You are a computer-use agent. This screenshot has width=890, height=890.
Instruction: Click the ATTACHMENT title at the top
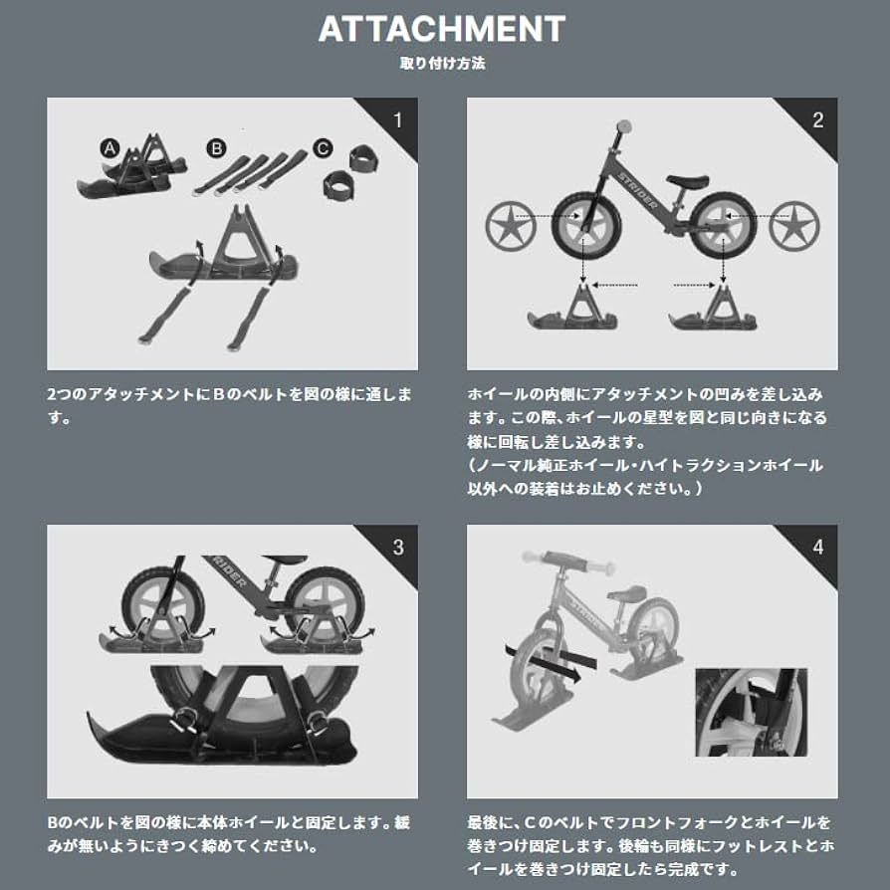442,29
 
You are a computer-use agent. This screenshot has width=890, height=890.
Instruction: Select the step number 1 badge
398,120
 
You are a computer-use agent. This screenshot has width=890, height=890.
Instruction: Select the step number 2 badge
817,120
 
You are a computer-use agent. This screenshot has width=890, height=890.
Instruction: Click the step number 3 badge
398,547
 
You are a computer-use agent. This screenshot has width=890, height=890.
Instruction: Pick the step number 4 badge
817,547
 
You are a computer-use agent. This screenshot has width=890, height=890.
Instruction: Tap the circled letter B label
216,148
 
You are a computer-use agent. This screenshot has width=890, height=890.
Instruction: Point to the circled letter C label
322,148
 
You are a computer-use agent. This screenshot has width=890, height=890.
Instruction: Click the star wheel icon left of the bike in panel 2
510,225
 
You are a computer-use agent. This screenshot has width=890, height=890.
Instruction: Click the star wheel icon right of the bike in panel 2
794,225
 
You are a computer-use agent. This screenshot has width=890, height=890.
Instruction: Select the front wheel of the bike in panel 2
586,225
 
